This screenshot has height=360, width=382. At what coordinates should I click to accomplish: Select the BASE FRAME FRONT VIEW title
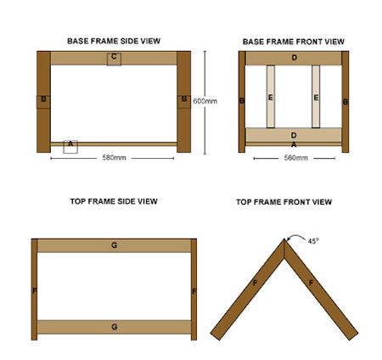[x=293, y=40]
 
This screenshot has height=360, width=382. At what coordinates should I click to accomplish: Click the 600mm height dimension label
[x=205, y=100]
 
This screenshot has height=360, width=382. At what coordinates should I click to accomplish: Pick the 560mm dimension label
[x=293, y=158]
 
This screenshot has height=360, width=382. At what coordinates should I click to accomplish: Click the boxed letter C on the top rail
[x=113, y=58]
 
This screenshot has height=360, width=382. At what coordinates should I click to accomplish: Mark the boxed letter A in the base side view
[x=70, y=145]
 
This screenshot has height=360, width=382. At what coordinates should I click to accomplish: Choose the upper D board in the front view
[x=293, y=58]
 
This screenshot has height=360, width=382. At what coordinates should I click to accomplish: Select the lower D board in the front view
[x=293, y=134]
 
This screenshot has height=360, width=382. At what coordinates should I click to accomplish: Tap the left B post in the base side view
[x=43, y=101]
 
